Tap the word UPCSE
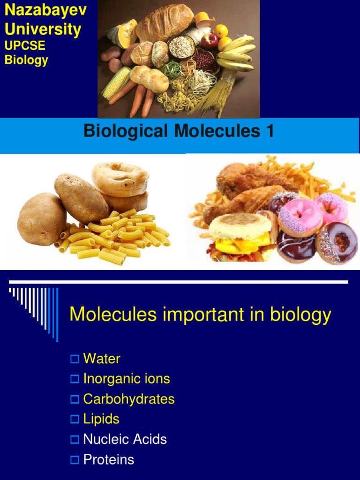[x=24, y=45]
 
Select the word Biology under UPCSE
[x=26, y=60]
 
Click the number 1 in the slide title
[x=270, y=132]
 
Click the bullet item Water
[x=102, y=359]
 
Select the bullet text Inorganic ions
[x=127, y=379]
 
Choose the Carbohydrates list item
[x=129, y=399]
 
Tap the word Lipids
[x=101, y=419]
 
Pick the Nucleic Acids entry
[x=125, y=439]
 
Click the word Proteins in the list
[x=109, y=459]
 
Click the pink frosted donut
[x=300, y=217]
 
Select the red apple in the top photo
[x=210, y=41]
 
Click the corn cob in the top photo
[x=116, y=82]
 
